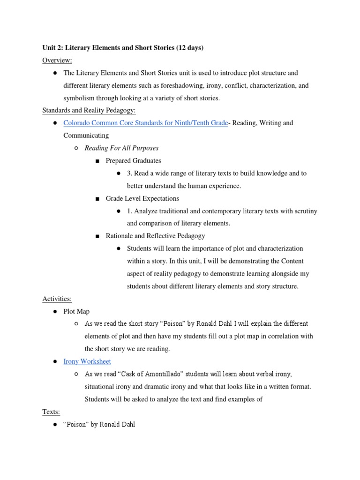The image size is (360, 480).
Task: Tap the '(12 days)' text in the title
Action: (190, 48)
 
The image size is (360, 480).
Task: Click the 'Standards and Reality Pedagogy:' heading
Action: (89, 110)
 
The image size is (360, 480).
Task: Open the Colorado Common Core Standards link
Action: (146, 123)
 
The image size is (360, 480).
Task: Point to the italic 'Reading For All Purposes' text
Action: (121, 148)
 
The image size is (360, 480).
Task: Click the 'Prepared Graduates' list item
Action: (134, 161)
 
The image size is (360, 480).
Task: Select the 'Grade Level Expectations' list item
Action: (142, 198)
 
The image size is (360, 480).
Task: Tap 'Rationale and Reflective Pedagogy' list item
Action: (155, 236)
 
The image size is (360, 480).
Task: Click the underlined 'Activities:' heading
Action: (57, 299)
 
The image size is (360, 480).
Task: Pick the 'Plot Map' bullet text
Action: (76, 311)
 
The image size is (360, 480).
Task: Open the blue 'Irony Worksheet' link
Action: (87, 361)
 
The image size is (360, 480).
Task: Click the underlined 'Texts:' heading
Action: (51, 412)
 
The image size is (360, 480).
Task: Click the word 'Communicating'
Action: (86, 135)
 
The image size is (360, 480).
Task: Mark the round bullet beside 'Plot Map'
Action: (55, 311)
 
